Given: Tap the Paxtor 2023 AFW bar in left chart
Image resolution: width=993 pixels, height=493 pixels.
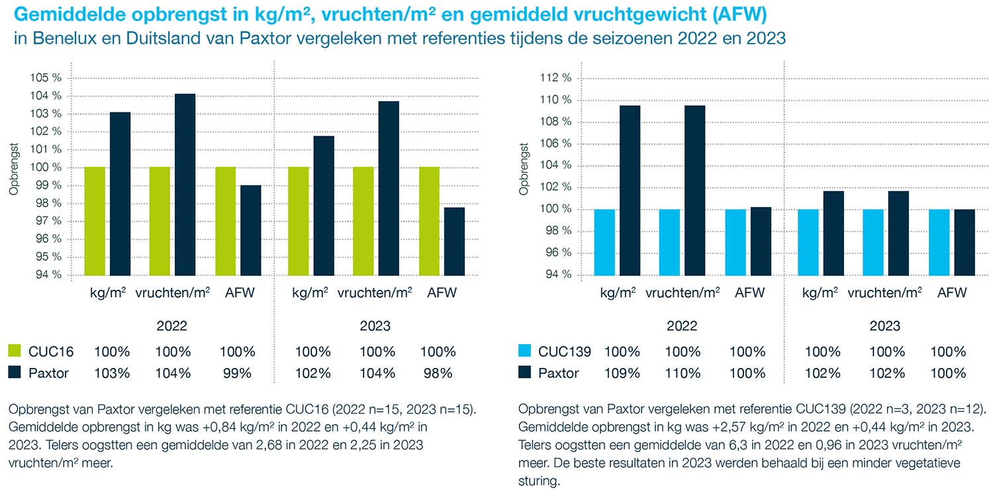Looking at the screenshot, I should pyautogui.click(x=454, y=241).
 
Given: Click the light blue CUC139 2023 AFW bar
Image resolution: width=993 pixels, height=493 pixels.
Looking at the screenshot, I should pyautogui.click(x=939, y=242).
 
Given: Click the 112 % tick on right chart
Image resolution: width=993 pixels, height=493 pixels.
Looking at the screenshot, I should pyautogui.click(x=556, y=78).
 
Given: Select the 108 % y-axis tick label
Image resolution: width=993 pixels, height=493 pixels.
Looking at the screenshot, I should pyautogui.click(x=556, y=122).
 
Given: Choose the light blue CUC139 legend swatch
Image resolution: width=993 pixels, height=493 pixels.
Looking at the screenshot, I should pyautogui.click(x=525, y=351).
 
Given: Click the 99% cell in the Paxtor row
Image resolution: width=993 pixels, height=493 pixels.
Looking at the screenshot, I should pyautogui.click(x=238, y=373).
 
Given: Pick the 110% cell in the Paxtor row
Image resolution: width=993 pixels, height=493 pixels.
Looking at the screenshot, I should pyautogui.click(x=683, y=373).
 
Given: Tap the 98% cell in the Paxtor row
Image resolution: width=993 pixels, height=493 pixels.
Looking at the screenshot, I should pyautogui.click(x=438, y=373).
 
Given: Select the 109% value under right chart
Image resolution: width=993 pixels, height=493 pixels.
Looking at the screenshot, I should pyautogui.click(x=622, y=373).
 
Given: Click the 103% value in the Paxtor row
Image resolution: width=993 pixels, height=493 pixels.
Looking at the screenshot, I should pyautogui.click(x=112, y=373).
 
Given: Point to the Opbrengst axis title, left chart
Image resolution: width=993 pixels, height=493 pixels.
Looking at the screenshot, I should pyautogui.click(x=14, y=169).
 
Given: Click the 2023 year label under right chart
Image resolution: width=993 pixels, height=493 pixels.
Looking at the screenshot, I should pyautogui.click(x=885, y=326).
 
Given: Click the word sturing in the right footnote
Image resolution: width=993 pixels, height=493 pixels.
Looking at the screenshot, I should pyautogui.click(x=539, y=480).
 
